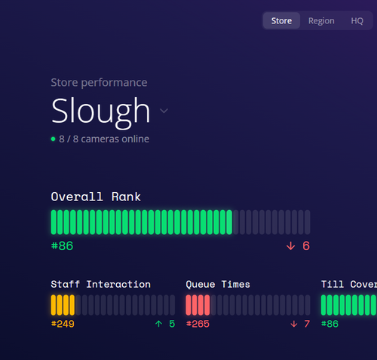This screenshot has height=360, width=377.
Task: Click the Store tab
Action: click(281, 21)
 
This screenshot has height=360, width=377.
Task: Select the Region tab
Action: click(321, 21)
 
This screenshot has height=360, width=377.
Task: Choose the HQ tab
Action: click(357, 21)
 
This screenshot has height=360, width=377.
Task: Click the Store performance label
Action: click(99, 83)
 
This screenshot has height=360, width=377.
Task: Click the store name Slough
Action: click(101, 111)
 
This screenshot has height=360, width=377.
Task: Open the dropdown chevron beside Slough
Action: click(164, 111)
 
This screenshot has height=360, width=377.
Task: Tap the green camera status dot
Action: click(53, 139)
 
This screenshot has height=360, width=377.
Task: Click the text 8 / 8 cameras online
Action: click(104, 139)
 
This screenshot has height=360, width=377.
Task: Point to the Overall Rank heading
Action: click(96, 197)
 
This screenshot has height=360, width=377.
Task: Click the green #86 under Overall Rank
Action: click(62, 246)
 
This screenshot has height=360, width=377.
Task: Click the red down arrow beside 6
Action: click(290, 246)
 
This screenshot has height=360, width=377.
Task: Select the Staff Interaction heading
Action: click(100, 284)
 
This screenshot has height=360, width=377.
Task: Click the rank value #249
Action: click(63, 324)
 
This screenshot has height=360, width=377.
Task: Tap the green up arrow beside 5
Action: click(158, 324)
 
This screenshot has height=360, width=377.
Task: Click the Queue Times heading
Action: click(218, 284)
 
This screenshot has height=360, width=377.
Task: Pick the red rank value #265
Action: click(198, 324)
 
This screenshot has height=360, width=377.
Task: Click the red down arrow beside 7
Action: click(293, 324)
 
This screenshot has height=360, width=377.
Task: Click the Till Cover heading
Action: click(348, 284)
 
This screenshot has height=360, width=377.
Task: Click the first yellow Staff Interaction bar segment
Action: click(54, 305)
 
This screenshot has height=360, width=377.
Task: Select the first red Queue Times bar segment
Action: click(188, 305)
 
